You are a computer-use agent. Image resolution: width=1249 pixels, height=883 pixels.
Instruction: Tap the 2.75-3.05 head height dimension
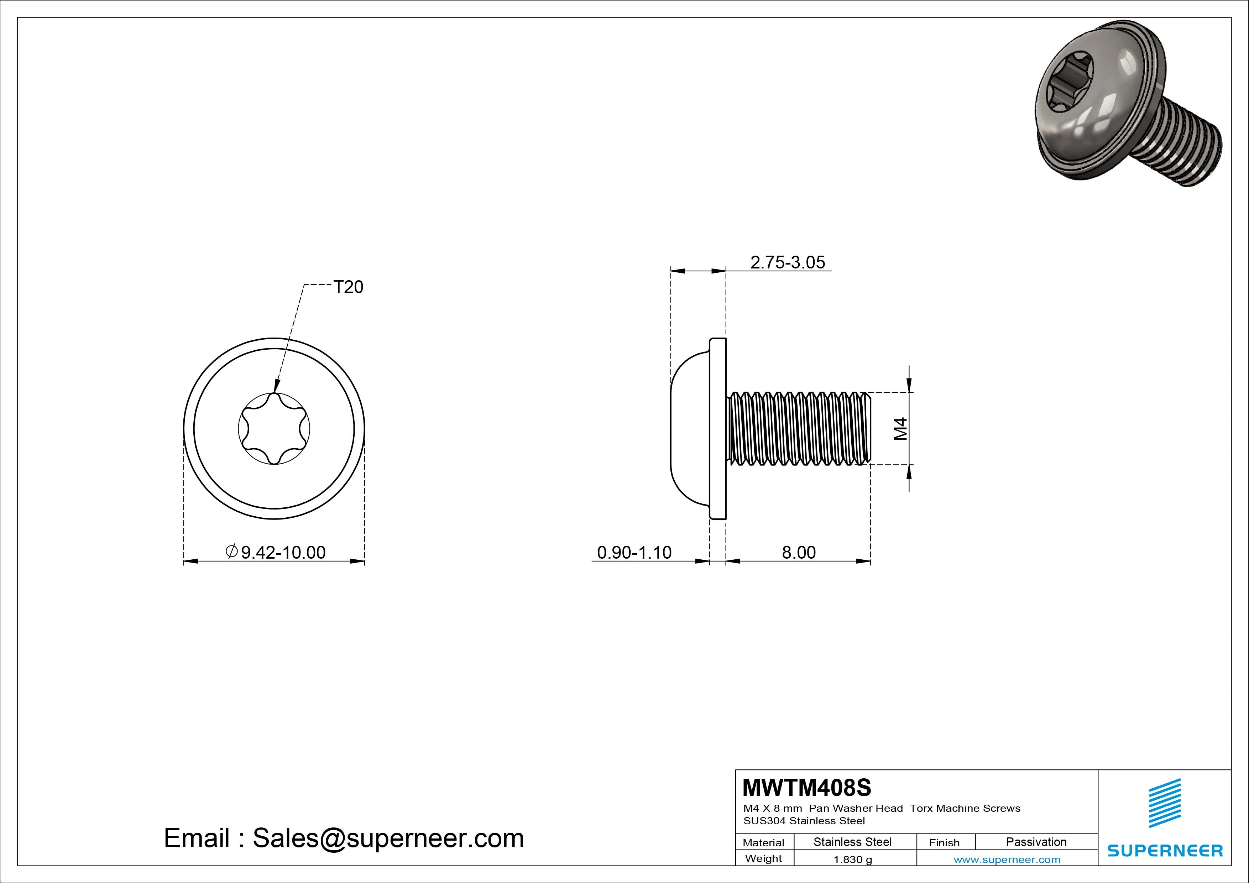[787, 262]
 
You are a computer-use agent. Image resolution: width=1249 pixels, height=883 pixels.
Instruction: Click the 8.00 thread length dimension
[799, 552]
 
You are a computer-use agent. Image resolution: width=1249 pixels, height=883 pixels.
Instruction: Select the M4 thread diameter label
[901, 428]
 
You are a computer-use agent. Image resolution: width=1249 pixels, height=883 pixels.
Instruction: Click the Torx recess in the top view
[274, 429]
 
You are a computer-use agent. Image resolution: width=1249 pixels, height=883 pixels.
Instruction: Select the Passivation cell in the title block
[1036, 842]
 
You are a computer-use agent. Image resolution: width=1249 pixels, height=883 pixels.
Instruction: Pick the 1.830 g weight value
[852, 860]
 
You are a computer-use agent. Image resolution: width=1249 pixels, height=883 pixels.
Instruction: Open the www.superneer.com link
[1007, 860]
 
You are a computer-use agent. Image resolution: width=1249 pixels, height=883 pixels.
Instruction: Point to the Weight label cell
[763, 858]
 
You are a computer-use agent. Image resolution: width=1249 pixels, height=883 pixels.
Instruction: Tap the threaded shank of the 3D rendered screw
[1188, 150]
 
